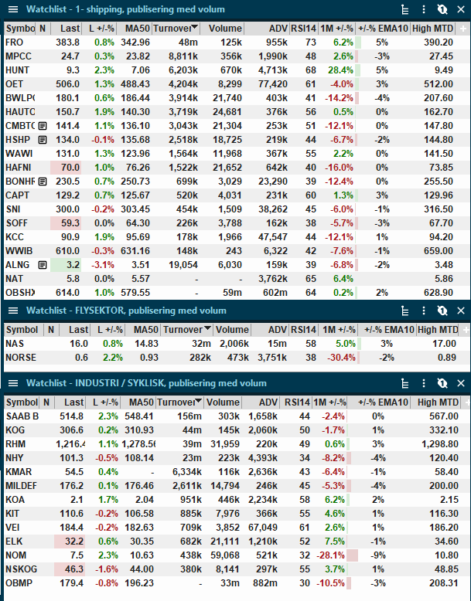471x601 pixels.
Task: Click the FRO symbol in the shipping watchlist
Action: click(14, 42)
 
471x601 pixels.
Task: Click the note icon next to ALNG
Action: click(43, 265)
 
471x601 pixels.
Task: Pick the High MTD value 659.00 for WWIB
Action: click(439, 251)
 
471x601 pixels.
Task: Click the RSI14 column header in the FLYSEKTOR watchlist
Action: click(303, 330)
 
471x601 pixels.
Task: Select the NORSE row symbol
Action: click(21, 358)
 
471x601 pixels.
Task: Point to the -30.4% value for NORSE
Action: click(341, 358)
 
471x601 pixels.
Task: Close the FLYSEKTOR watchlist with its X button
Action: click(461, 311)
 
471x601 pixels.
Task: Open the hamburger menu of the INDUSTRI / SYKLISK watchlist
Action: click(13, 383)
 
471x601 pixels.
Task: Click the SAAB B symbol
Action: click(22, 416)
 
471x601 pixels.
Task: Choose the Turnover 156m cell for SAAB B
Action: click(189, 416)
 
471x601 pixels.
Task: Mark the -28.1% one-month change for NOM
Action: click(330, 555)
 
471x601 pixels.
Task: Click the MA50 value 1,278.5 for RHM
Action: click(138, 444)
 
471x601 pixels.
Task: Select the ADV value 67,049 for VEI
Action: click(262, 528)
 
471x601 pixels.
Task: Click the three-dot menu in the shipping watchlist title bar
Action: click(424, 9)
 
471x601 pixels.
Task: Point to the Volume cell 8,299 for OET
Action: click(230, 84)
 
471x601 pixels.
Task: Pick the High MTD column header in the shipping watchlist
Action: click(432, 29)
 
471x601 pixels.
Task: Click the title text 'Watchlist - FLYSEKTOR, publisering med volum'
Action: click(126, 311)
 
